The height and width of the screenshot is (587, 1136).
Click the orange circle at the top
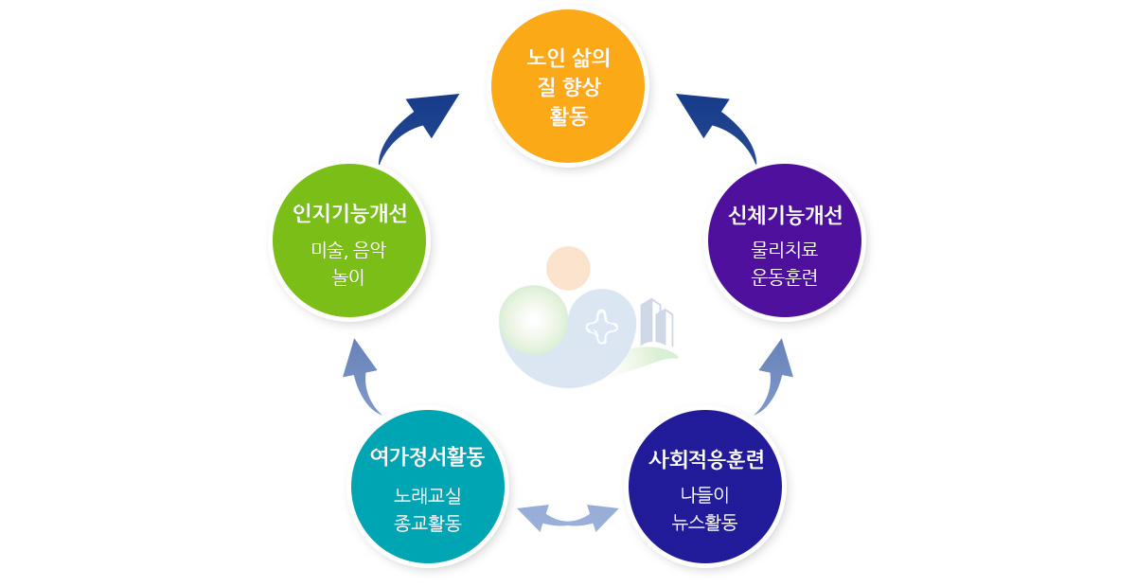pyautogui.click(x=568, y=86)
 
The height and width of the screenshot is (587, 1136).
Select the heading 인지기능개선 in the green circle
pyautogui.click(x=349, y=213)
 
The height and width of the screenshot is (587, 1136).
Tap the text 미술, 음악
pyautogui.click(x=348, y=250)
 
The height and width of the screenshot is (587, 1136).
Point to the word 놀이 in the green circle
pyautogui.click(x=348, y=277)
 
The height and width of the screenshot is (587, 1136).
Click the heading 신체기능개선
pyautogui.click(x=785, y=215)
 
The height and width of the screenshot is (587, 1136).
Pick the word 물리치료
pyautogui.click(x=785, y=250)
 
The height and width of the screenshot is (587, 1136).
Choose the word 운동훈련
pyautogui.click(x=785, y=277)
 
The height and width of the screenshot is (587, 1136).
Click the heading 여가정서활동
pyautogui.click(x=427, y=456)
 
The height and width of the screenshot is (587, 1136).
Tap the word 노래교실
pyautogui.click(x=427, y=494)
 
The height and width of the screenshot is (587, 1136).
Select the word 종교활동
pyautogui.click(x=427, y=523)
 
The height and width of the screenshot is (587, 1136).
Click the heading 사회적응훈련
pyautogui.click(x=705, y=459)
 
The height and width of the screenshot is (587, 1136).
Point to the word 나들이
pyautogui.click(x=705, y=494)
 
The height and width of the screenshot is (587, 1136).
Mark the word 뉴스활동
pyautogui.click(x=705, y=522)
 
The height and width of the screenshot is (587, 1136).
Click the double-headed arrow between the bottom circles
pyautogui.click(x=567, y=517)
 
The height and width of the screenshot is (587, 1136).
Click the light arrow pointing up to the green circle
pyautogui.click(x=362, y=377)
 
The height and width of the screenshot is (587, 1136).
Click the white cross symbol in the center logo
pyautogui.click(x=601, y=327)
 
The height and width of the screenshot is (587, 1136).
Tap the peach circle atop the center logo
pyautogui.click(x=568, y=268)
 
